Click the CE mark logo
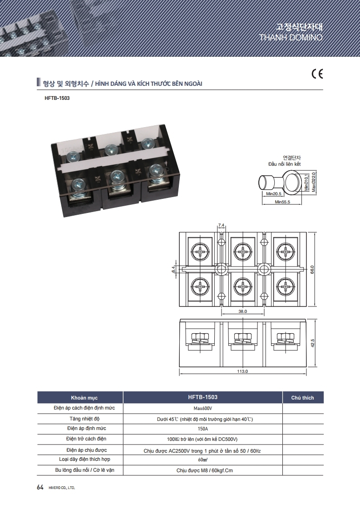click(x=317, y=74)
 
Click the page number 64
click(x=40, y=487)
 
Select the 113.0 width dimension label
click(x=242, y=371)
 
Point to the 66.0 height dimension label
click(x=312, y=269)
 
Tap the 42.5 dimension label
click(x=313, y=343)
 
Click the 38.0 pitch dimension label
click(x=242, y=311)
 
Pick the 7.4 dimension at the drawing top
click(x=221, y=225)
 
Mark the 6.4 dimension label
click(x=174, y=269)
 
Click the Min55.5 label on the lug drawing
click(x=282, y=202)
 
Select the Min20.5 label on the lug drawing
click(x=274, y=194)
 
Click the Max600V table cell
click(x=202, y=409)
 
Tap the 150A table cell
click(x=202, y=429)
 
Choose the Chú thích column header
click(x=302, y=398)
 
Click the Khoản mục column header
click(x=84, y=398)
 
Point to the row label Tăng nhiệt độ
click(x=84, y=419)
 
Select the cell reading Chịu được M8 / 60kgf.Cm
click(x=204, y=470)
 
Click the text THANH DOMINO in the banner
click(x=291, y=37)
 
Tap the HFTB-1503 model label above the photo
click(x=57, y=98)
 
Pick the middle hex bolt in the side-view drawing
click(x=242, y=336)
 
